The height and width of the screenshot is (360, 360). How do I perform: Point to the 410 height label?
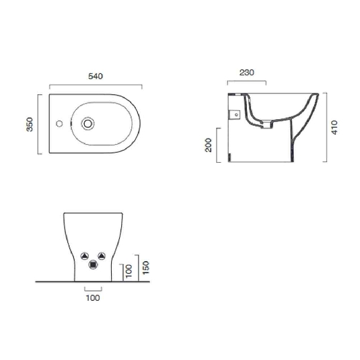click(x=335, y=127)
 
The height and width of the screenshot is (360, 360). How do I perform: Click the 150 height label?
click(x=146, y=267)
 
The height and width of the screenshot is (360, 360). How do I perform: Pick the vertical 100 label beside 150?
click(x=129, y=273)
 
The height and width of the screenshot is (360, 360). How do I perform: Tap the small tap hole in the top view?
click(x=59, y=124)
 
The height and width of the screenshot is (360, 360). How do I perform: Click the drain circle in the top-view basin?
click(x=87, y=124)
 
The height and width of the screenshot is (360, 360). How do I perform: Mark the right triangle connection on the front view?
click(x=102, y=256)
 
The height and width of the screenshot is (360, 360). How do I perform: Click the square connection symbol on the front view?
click(x=94, y=265)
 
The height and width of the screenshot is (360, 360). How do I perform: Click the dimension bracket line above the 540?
click(x=96, y=86)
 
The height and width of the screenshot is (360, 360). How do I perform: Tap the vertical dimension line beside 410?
click(x=326, y=127)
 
